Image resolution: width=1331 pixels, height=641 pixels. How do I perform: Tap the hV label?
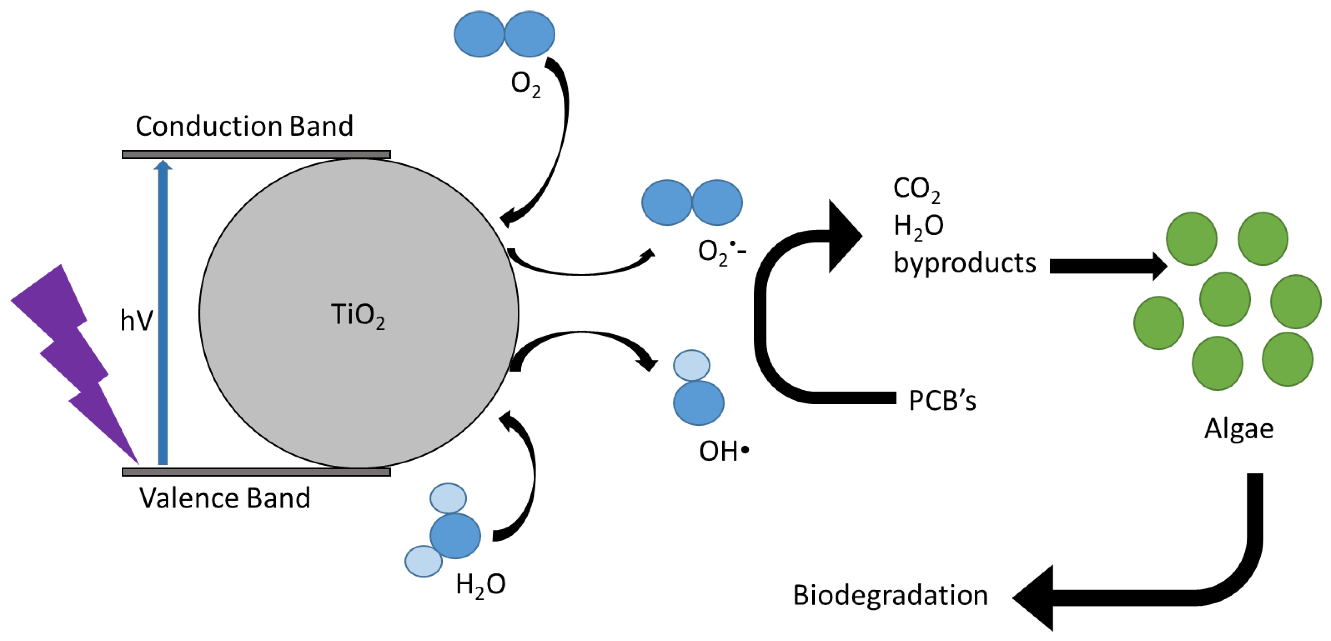click(x=136, y=320)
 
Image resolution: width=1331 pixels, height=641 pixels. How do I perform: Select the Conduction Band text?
click(x=244, y=126)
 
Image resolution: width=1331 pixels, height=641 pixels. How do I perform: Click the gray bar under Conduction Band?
click(x=256, y=154)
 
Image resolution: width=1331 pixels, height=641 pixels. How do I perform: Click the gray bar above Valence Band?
click(x=256, y=472)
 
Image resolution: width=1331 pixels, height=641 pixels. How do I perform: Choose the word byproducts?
click(x=965, y=263)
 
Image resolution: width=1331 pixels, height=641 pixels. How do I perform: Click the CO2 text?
click(x=916, y=189)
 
